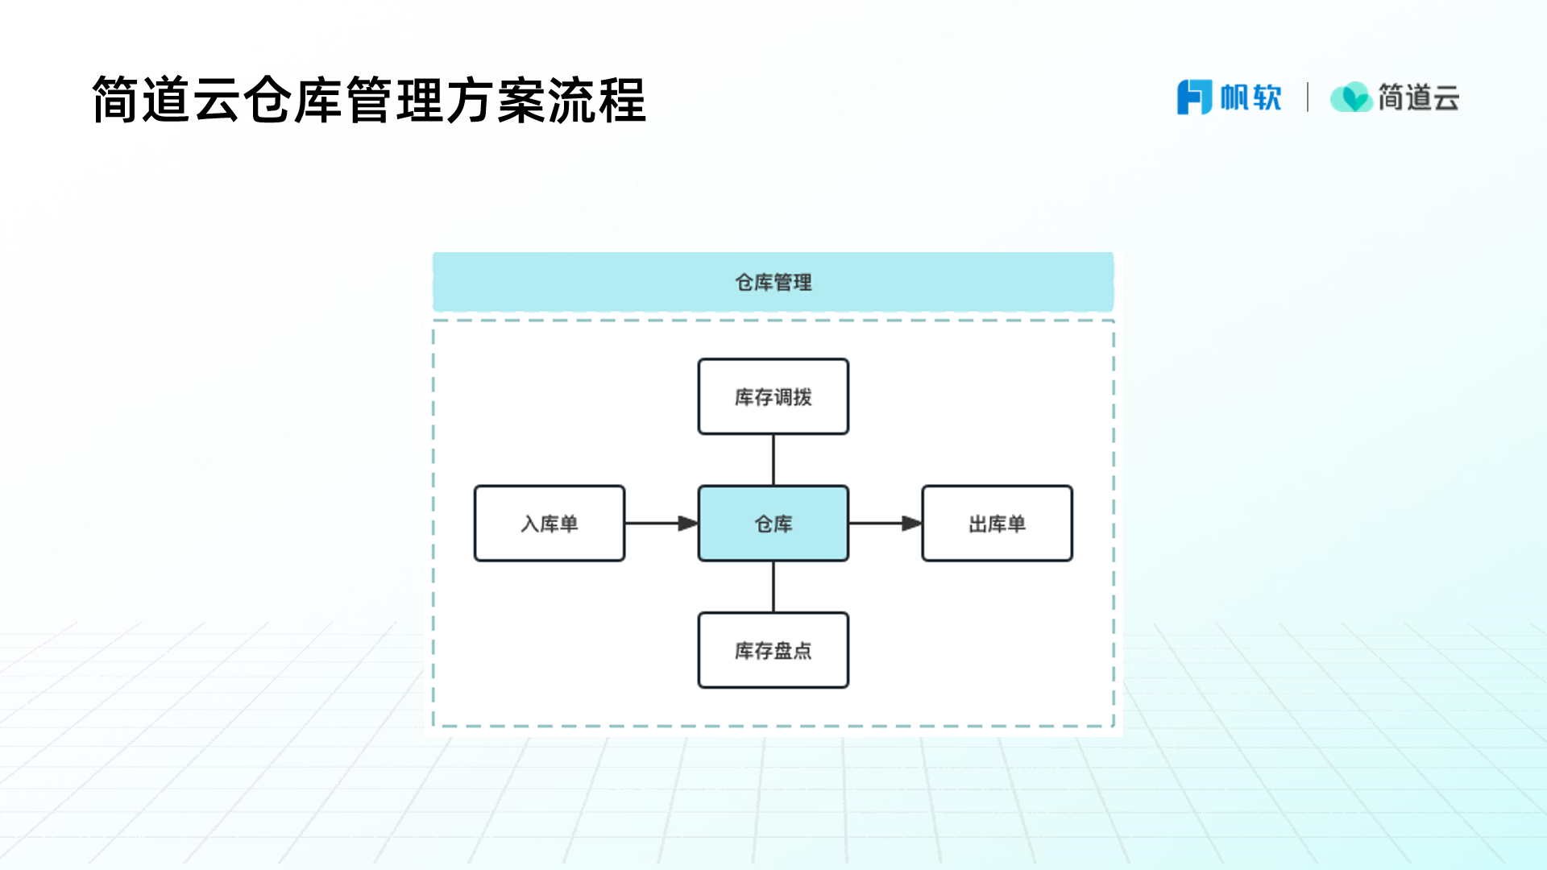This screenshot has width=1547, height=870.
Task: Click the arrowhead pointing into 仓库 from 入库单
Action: pos(687,524)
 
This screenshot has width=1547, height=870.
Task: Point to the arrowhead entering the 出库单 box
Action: pos(910,524)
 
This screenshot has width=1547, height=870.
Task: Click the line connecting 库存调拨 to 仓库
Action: pos(773,460)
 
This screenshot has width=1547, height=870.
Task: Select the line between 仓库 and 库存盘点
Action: pos(773,586)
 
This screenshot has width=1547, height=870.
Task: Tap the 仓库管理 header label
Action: pos(773,283)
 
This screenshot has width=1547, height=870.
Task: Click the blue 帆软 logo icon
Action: pos(1194,97)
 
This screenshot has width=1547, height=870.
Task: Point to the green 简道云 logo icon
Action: pos(1351,97)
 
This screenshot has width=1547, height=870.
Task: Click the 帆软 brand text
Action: pos(1250,97)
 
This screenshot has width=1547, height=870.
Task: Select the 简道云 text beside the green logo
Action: pos(1419,97)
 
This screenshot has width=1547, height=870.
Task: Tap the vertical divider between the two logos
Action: pos(1308,97)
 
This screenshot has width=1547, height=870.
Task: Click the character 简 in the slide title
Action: pos(116,101)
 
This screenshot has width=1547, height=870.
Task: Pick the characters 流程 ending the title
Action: pos(597,101)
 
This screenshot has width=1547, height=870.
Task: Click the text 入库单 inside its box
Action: pos(550,524)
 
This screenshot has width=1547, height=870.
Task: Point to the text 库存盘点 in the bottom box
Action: pos(773,651)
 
